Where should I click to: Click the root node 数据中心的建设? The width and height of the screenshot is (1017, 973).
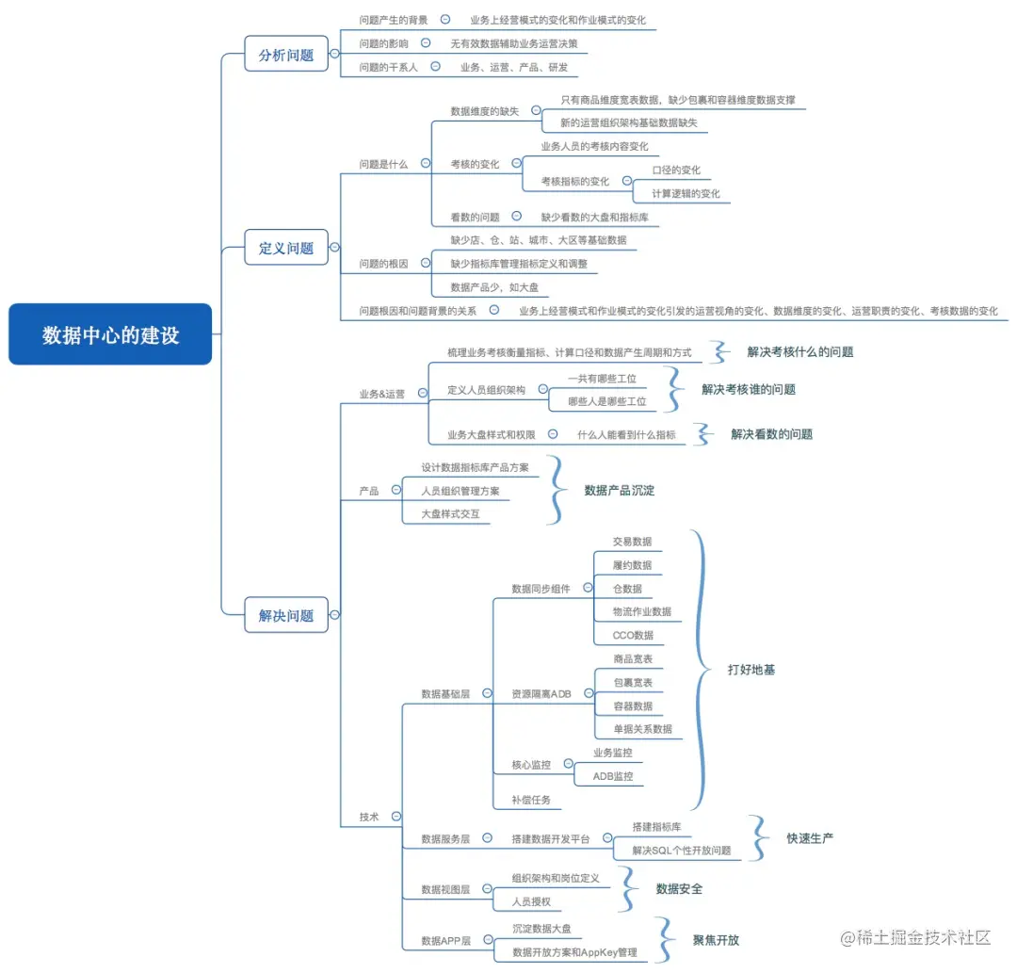(110, 334)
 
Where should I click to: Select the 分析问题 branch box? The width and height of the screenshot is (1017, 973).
(286, 55)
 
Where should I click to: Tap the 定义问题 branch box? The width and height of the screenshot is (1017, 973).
(286, 249)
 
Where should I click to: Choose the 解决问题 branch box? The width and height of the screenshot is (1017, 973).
(286, 616)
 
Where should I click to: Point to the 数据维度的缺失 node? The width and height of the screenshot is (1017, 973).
(484, 111)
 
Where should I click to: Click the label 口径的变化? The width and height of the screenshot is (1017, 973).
(676, 170)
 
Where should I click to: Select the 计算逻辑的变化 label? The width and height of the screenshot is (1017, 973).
(686, 194)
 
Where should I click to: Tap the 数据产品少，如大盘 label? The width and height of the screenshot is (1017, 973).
(493, 287)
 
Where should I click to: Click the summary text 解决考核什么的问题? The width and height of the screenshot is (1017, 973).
(800, 351)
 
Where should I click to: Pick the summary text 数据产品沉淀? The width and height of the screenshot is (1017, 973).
(619, 490)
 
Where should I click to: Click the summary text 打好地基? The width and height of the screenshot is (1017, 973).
(751, 670)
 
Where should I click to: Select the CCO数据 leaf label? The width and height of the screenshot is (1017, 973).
(632, 635)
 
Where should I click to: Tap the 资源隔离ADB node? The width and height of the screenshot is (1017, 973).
(541, 694)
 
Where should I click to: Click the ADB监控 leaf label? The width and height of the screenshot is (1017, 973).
(612, 776)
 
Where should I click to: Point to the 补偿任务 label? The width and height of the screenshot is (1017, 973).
(530, 800)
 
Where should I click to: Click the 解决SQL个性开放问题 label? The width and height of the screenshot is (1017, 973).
(681, 851)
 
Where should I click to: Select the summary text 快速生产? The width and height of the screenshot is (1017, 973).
(810, 838)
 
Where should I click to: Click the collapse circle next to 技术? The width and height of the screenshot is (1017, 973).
(396, 817)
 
